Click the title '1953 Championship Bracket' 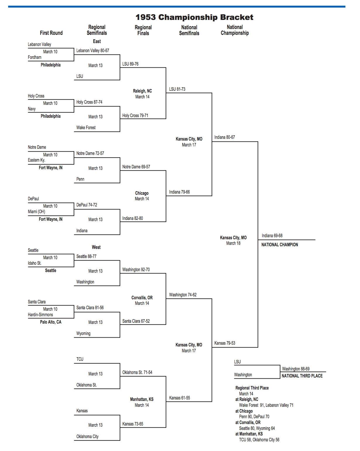(194, 17)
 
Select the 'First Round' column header (51, 33)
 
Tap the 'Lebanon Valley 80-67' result (92, 51)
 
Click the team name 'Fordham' (35, 57)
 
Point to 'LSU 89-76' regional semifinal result (130, 64)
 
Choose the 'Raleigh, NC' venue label (142, 91)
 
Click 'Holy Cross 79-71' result (135, 116)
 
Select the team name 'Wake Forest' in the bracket (86, 128)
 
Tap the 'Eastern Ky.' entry (37, 160)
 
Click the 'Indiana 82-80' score (133, 218)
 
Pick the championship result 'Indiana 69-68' (272, 236)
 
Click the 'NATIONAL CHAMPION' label (280, 245)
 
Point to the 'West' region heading (96, 247)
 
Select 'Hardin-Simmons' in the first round (40, 315)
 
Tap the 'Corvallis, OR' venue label (142, 298)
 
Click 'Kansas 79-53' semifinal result (224, 343)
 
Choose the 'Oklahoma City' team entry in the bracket (87, 437)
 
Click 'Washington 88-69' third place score (296, 369)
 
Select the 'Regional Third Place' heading (252, 388)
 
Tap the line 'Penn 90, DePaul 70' (254, 417)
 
